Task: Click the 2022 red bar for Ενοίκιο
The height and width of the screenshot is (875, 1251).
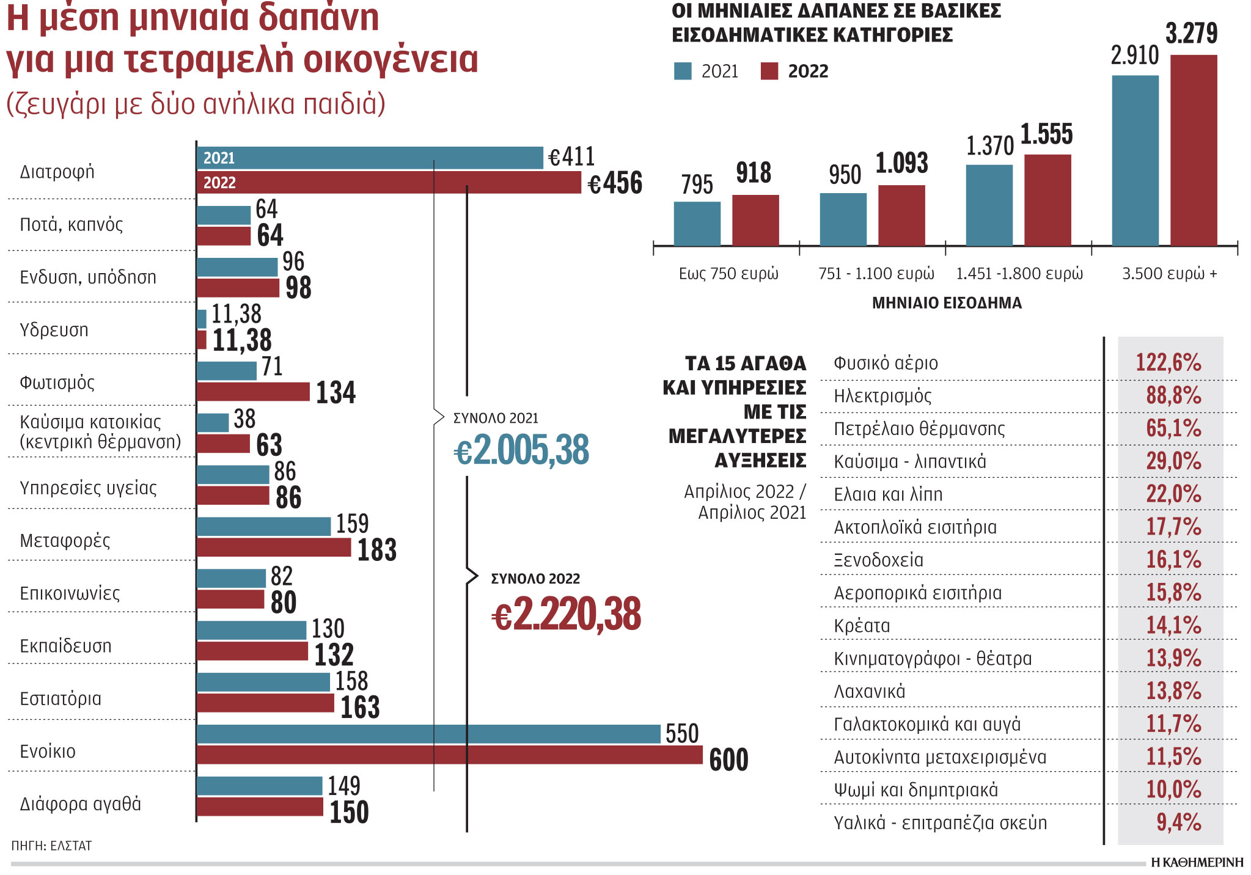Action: point(449,755)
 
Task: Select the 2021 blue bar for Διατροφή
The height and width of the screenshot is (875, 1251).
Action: point(370,158)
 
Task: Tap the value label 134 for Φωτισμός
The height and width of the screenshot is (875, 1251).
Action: point(336,392)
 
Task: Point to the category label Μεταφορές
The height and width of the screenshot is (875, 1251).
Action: point(65,541)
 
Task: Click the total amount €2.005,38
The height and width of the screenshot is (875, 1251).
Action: point(521,450)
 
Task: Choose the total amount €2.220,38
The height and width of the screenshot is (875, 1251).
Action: point(566,615)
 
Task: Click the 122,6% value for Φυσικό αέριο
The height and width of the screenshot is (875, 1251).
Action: point(1168,363)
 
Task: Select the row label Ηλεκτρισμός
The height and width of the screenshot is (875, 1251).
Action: point(882,396)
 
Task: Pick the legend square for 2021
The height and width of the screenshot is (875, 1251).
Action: point(683,71)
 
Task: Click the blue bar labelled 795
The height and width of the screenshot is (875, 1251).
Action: point(697,224)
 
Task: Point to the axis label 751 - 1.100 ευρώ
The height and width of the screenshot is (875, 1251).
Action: point(876,274)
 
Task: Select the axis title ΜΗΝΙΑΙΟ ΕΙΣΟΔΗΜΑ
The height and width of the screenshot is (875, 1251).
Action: point(946,303)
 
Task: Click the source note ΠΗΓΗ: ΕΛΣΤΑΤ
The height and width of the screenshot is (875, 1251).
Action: point(51,846)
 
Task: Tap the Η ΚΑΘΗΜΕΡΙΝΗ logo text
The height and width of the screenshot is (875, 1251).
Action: point(1197,862)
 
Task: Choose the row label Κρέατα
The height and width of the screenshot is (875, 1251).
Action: point(861,626)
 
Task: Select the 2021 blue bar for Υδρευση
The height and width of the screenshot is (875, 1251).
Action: point(202,319)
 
